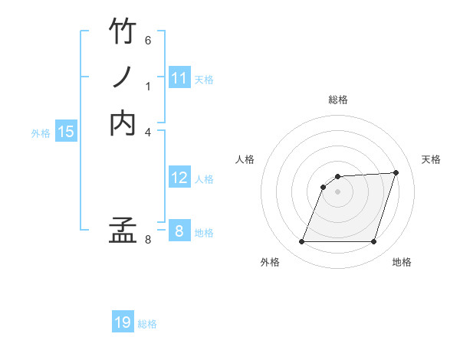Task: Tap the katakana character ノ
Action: pyautogui.click(x=123, y=77)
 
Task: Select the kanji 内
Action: pyautogui.click(x=123, y=123)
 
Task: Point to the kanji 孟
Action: pyautogui.click(x=123, y=231)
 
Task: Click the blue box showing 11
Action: pyautogui.click(x=179, y=78)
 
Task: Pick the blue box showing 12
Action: pyautogui.click(x=179, y=178)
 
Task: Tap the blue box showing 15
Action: pyautogui.click(x=66, y=132)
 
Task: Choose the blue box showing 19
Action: pyautogui.click(x=123, y=322)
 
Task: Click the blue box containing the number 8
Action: pyautogui.click(x=179, y=231)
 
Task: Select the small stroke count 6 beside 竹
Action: pyautogui.click(x=148, y=40)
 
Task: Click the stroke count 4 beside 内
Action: pyautogui.click(x=148, y=132)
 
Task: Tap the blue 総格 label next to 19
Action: pyautogui.click(x=147, y=324)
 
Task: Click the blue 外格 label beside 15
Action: pyautogui.click(x=41, y=133)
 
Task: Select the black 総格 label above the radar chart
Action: pyautogui.click(x=338, y=100)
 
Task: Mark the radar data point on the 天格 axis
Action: pyautogui.click(x=396, y=172)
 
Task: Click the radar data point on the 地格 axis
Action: pyautogui.click(x=374, y=242)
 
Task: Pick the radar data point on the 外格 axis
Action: pyautogui.click(x=301, y=242)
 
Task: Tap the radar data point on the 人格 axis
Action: pyautogui.click(x=324, y=187)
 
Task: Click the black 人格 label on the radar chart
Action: pyautogui.click(x=245, y=159)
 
